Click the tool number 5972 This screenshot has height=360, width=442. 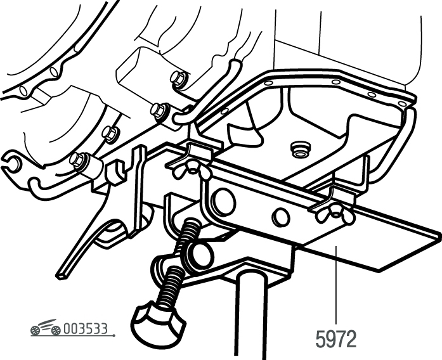click(x=336, y=339)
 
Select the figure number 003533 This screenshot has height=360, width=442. click(x=86, y=329)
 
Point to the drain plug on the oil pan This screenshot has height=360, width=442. click(x=300, y=150)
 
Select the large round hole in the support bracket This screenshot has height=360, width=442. click(x=224, y=201)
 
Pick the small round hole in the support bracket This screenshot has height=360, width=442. click(x=280, y=216)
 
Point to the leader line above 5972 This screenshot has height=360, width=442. click(x=335, y=285)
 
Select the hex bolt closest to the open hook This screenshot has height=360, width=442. click(x=77, y=160)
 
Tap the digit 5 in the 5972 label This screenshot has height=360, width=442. click(x=320, y=339)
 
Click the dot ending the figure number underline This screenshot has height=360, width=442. click(x=114, y=335)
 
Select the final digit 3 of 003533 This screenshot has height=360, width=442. click(x=103, y=329)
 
